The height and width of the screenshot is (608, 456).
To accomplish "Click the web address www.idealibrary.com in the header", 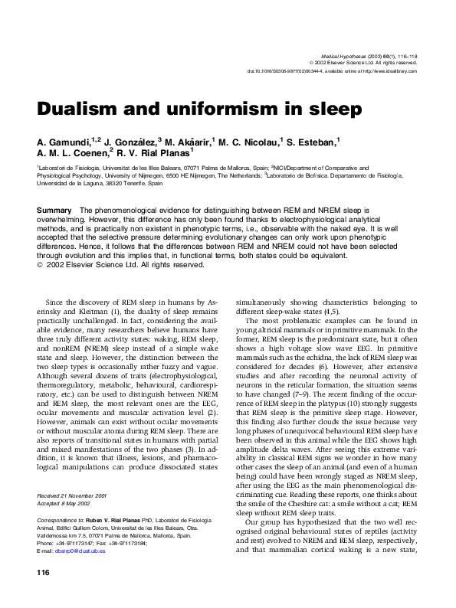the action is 396,71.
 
